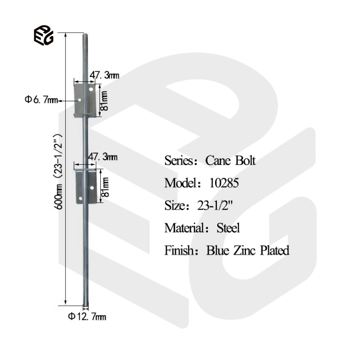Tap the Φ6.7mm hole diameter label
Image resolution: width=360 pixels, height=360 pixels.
pos(41,100)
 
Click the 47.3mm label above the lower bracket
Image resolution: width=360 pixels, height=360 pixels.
pos(102,157)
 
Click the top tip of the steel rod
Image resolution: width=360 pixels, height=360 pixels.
pos(86,35)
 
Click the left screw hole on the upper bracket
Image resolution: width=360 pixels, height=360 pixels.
pos(80,100)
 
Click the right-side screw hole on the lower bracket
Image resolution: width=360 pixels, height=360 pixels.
pos(92,187)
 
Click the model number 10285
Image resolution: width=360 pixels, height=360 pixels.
pos(224,183)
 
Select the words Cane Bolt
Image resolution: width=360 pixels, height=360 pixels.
pos(230,161)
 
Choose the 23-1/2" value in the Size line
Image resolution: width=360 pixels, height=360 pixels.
pos(216,205)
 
